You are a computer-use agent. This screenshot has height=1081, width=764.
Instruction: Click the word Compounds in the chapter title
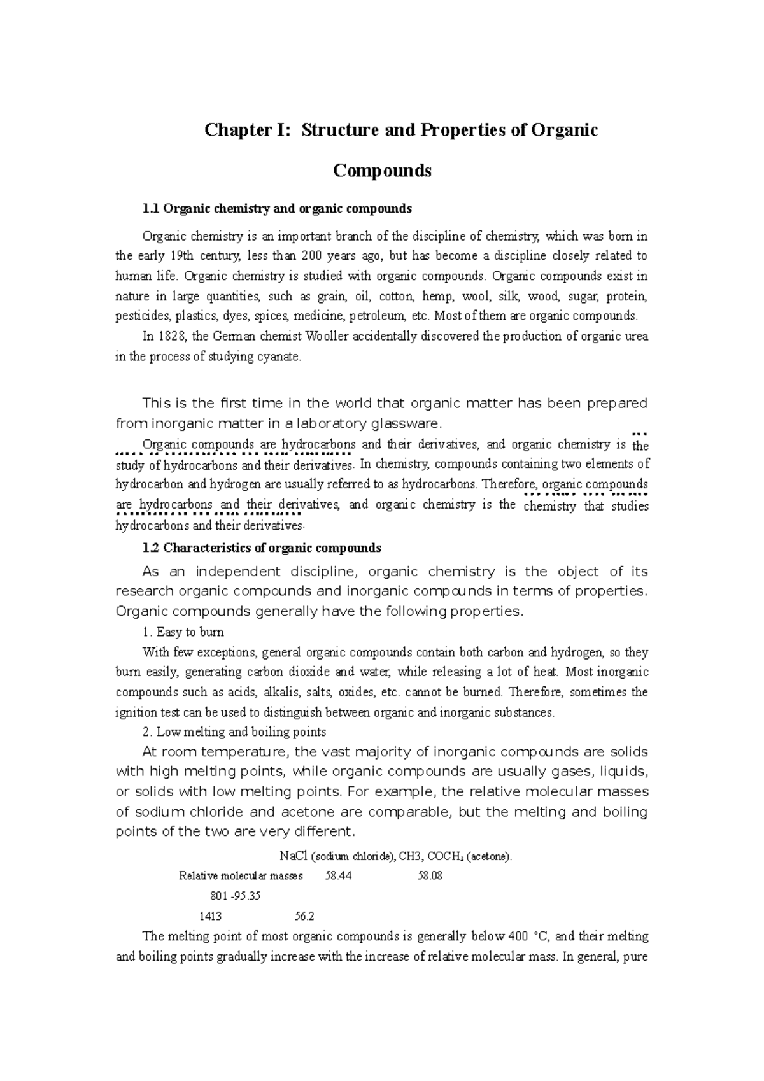(x=382, y=171)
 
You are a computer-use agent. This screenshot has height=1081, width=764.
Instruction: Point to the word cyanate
(x=278, y=357)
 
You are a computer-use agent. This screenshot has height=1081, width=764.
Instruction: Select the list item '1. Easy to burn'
(x=183, y=633)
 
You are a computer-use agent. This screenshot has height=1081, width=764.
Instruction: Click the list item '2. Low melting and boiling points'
(x=234, y=732)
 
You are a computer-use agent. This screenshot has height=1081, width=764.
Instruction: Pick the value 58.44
(x=338, y=876)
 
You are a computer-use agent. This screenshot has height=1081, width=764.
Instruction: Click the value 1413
(x=211, y=917)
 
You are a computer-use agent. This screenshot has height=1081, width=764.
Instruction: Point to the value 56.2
(x=305, y=917)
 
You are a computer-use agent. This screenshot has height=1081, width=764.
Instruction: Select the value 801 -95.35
(x=235, y=896)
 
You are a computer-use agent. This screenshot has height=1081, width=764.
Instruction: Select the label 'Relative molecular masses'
(x=241, y=876)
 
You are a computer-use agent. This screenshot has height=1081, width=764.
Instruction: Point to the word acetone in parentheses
(x=488, y=857)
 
